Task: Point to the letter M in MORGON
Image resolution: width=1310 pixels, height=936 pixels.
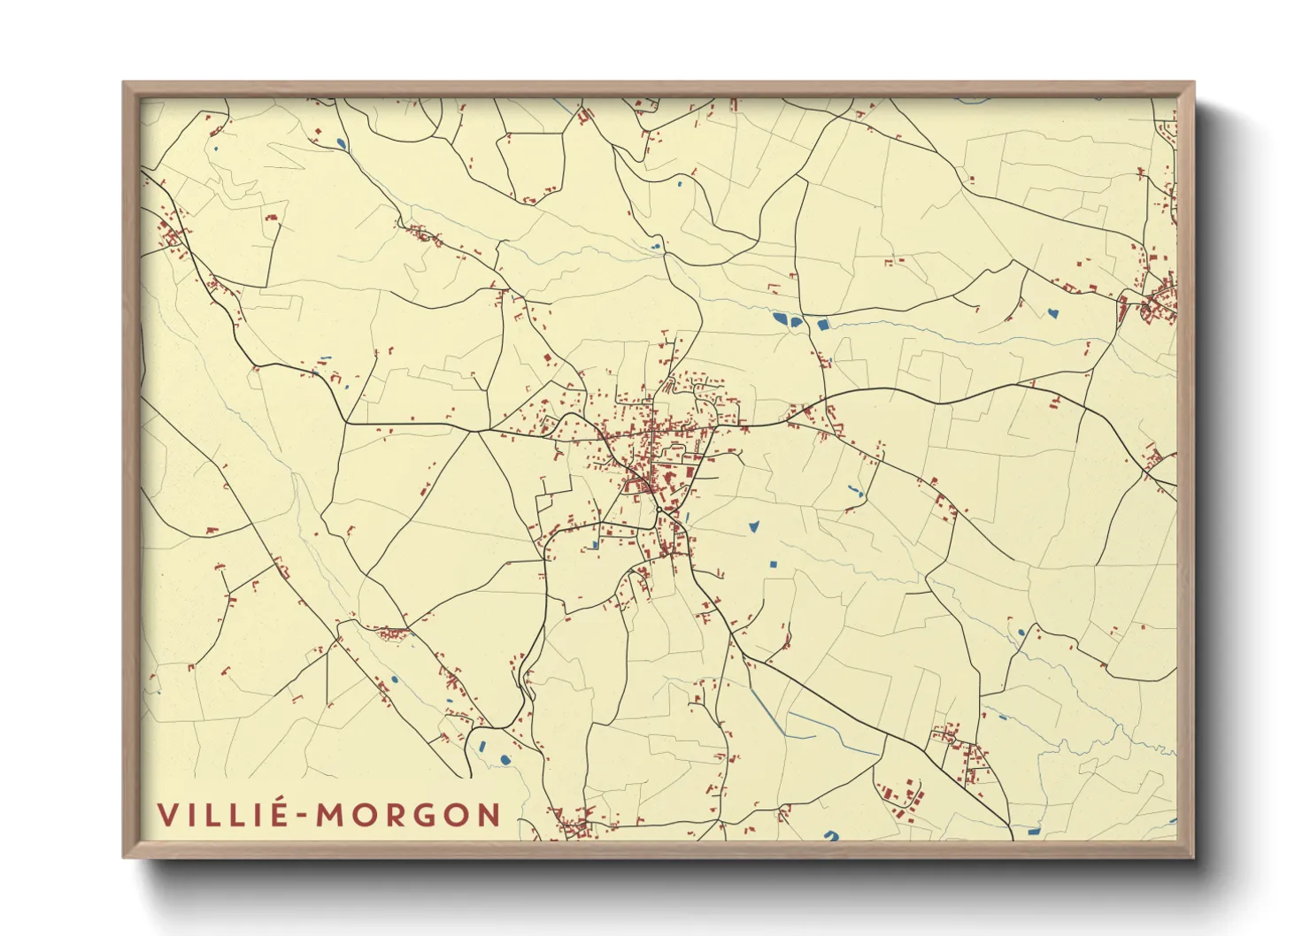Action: (334, 815)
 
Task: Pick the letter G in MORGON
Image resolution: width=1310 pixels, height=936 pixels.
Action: (425, 815)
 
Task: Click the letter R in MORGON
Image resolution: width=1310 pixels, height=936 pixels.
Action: (396, 815)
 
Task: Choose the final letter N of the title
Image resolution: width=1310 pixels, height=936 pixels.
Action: (489, 815)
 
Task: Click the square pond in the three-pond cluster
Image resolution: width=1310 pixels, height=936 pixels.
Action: (822, 325)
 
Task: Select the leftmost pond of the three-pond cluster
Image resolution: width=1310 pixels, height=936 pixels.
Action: (780, 318)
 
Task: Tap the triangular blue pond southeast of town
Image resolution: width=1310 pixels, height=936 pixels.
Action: (754, 526)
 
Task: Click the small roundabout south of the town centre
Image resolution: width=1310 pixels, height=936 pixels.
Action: (659, 510)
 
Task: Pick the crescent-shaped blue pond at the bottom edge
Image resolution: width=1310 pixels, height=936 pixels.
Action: (830, 834)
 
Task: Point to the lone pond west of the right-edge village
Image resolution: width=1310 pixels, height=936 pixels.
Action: (1052, 311)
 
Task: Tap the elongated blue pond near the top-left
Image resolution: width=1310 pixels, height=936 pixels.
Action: (342, 143)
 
